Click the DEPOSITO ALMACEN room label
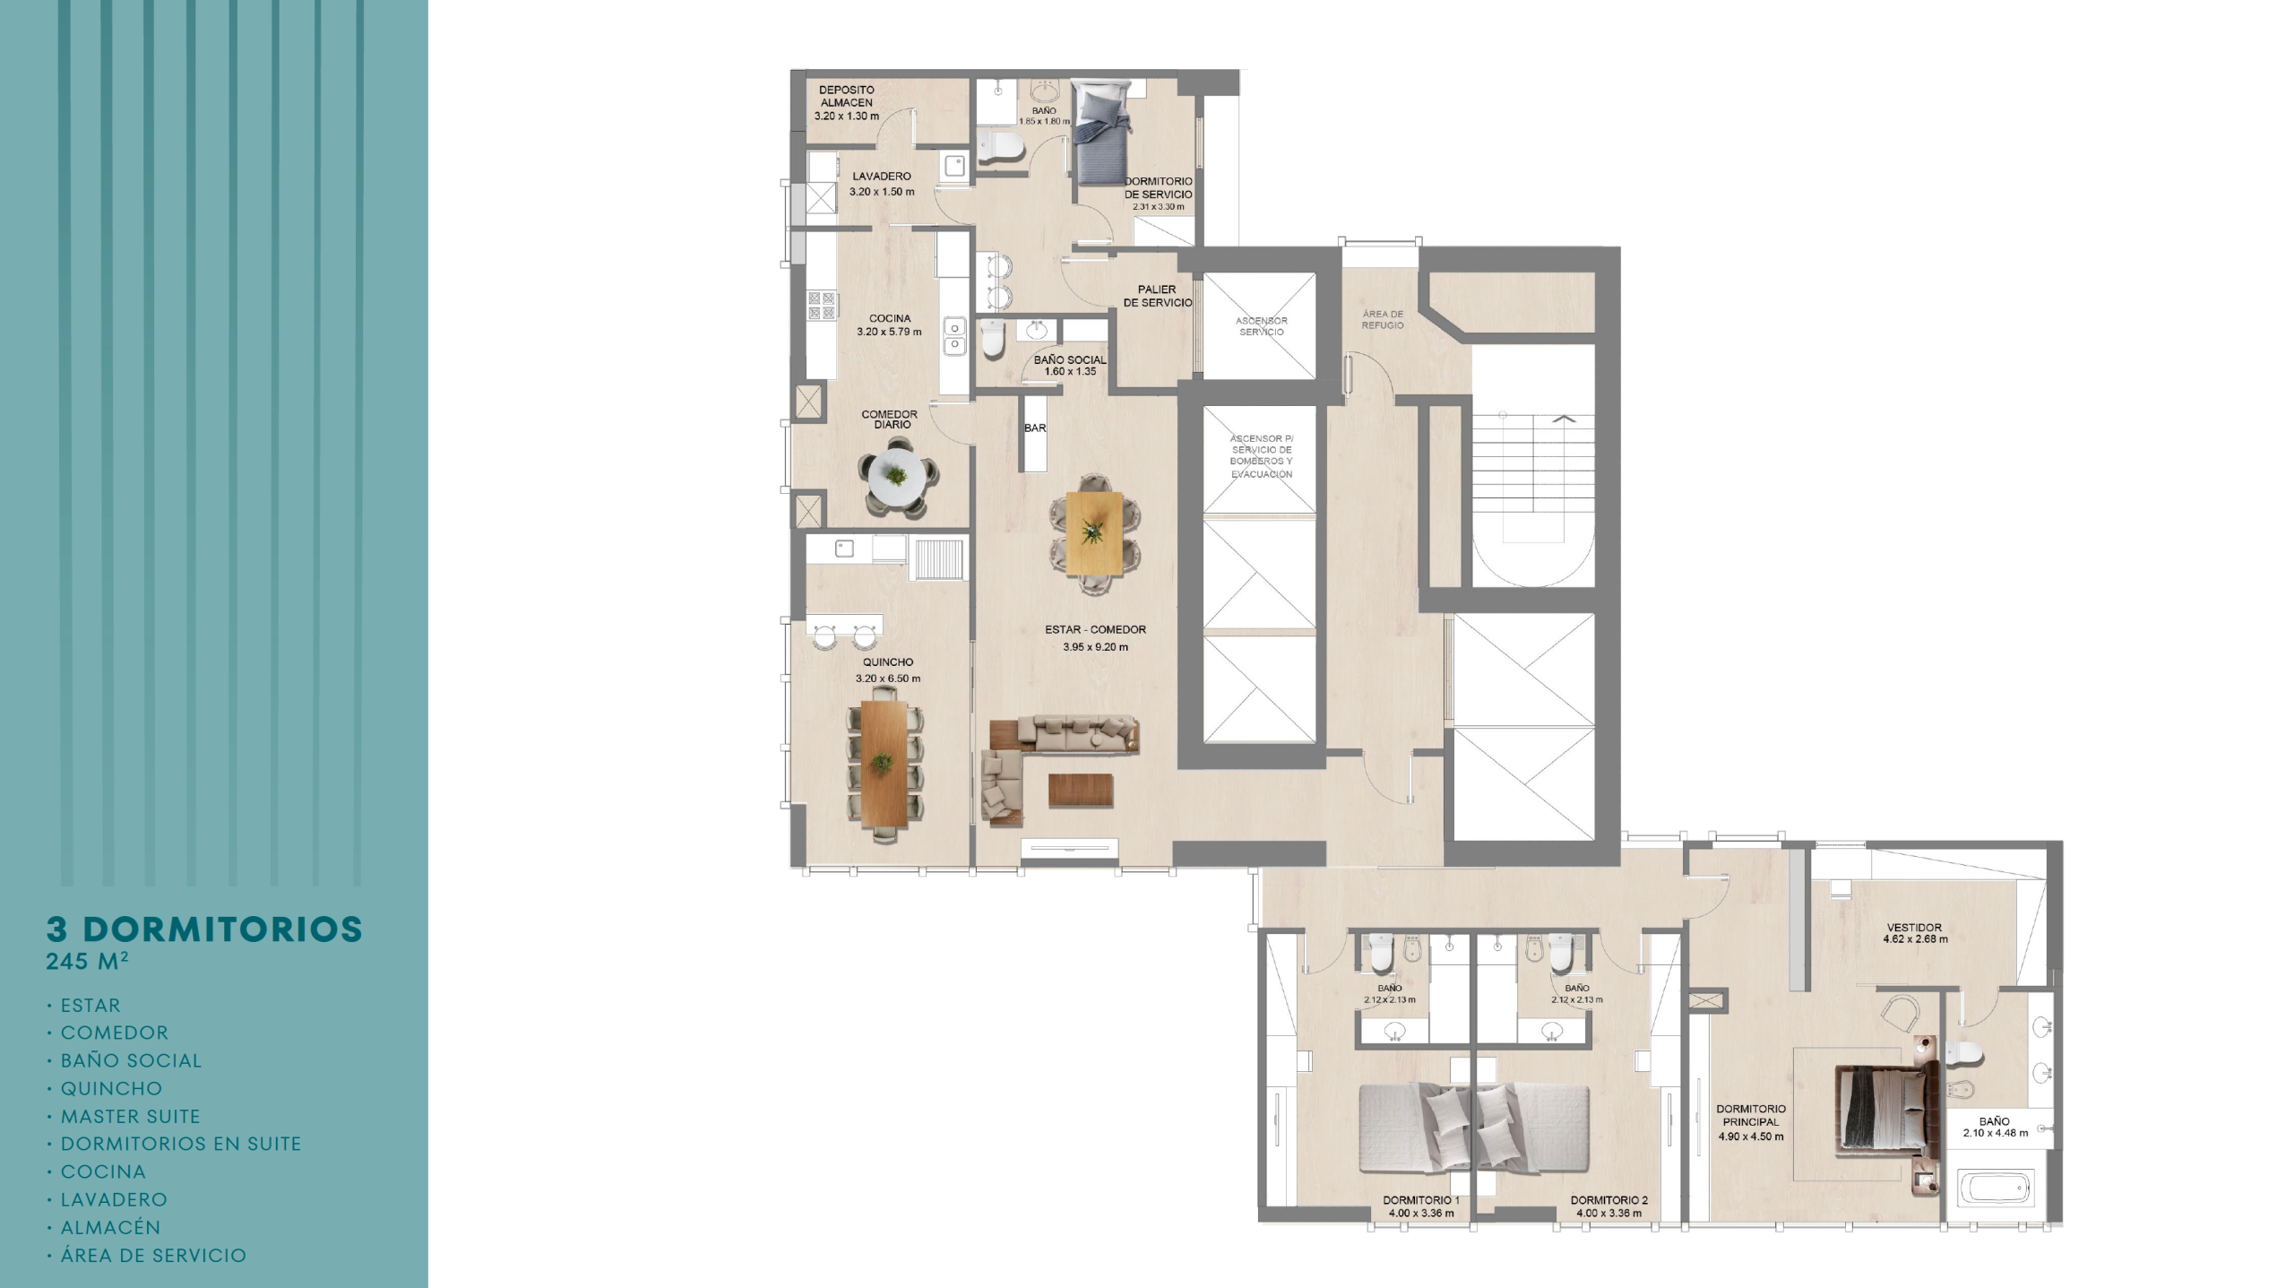[x=847, y=96]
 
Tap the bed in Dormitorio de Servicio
[x=1104, y=133]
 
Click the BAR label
[x=1035, y=428]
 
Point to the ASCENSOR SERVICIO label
[x=1261, y=326]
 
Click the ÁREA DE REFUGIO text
[x=1383, y=320]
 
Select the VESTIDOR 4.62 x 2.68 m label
[x=1915, y=934]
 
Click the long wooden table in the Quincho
[x=884, y=763]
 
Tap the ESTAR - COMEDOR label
[x=1095, y=630]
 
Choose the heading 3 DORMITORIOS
[x=205, y=929]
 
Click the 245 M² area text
[x=88, y=961]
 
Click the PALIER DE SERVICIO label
[x=1158, y=296]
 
